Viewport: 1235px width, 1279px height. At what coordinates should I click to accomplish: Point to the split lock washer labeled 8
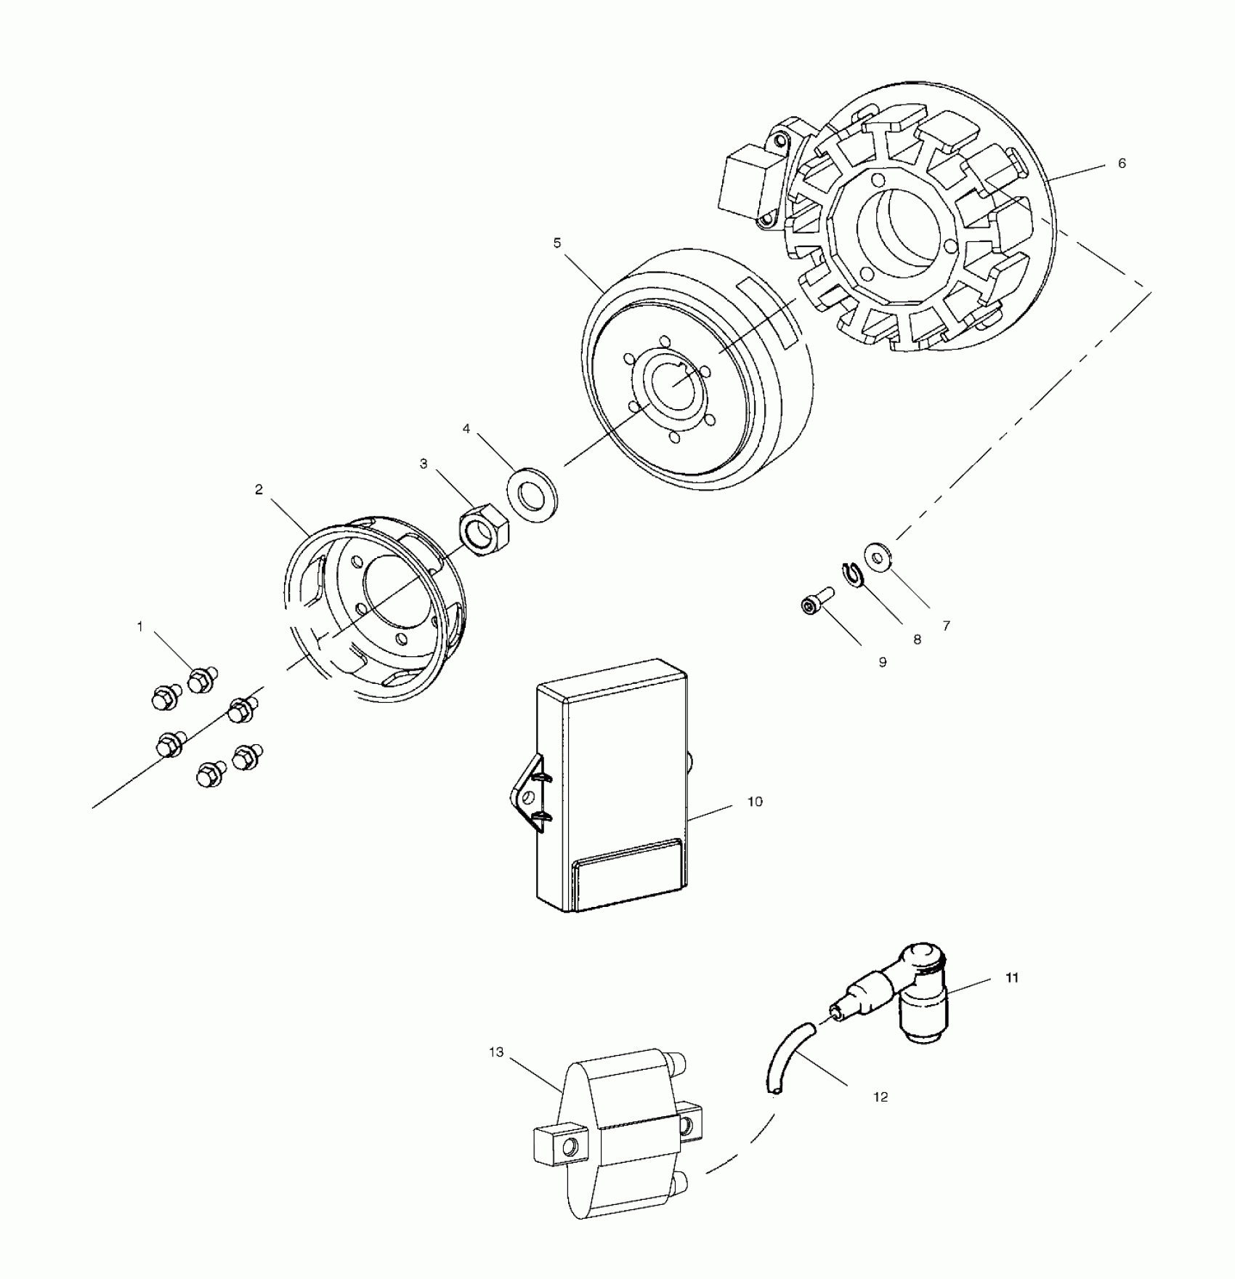(854, 575)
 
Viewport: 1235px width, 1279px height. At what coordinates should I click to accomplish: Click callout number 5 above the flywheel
(557, 243)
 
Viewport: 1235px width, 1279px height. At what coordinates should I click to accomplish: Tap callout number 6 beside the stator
(1122, 164)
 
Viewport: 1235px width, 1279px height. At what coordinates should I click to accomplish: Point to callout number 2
(259, 490)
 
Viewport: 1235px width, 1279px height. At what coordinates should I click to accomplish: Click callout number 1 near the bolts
(140, 626)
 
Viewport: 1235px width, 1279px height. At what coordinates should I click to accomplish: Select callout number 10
(755, 802)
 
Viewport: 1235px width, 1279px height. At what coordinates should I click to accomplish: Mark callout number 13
(496, 1053)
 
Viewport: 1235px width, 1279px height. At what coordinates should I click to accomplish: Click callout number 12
(880, 1097)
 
